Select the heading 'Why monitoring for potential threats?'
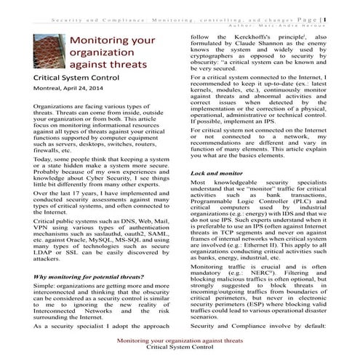pyautogui.click(x=89, y=257)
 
